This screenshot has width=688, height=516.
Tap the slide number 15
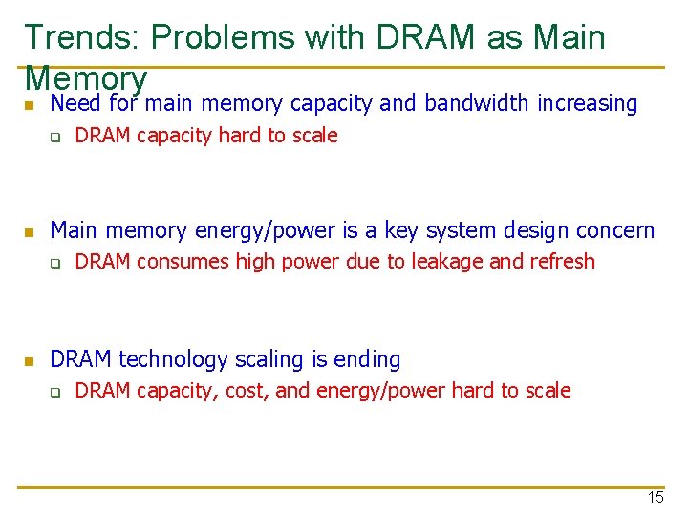tap(655, 497)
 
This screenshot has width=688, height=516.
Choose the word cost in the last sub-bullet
tap(247, 391)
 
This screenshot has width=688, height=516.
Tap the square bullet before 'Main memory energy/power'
tap(30, 232)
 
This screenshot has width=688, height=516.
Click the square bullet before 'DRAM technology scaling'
tap(30, 361)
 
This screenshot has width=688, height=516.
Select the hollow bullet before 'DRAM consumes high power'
tap(55, 263)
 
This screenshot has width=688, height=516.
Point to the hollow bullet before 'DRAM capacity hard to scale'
tap(55, 137)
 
